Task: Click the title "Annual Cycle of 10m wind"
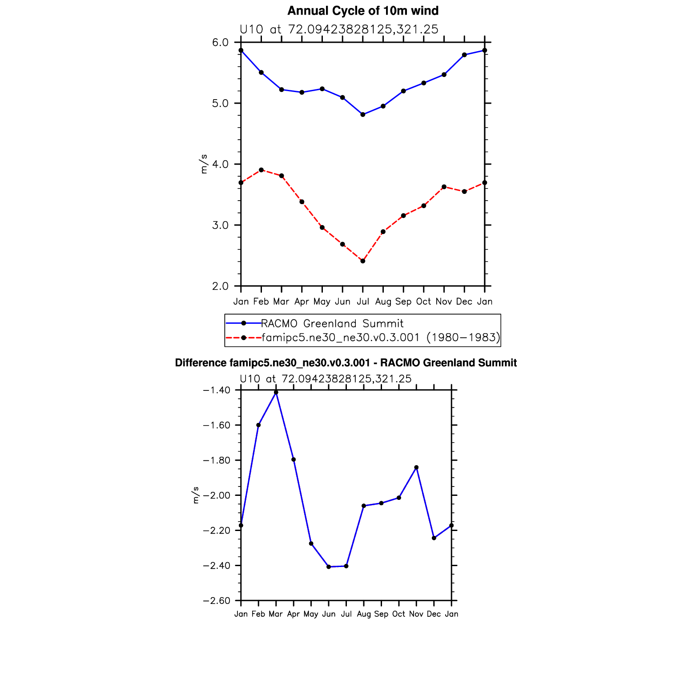[x=363, y=11]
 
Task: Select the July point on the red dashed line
[x=363, y=261]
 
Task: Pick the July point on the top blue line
[x=363, y=115]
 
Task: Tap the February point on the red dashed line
[x=261, y=170]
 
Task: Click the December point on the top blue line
[x=464, y=55]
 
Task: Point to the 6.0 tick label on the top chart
[x=220, y=43]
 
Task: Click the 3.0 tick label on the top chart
[x=220, y=225]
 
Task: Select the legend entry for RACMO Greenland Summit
[x=332, y=323]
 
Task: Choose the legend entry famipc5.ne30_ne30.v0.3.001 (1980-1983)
[x=380, y=338]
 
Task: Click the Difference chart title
[x=346, y=363]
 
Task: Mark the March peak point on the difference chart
[x=276, y=392]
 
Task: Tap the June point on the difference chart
[x=329, y=567]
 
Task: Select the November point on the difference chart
[x=416, y=467]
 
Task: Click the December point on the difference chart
[x=434, y=538]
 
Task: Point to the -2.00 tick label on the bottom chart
[x=216, y=495]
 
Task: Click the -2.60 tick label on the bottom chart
[x=216, y=601]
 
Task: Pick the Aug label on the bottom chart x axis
[x=364, y=614]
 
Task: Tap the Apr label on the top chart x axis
[x=302, y=302]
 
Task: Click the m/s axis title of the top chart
[x=204, y=164]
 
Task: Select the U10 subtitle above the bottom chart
[x=326, y=379]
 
